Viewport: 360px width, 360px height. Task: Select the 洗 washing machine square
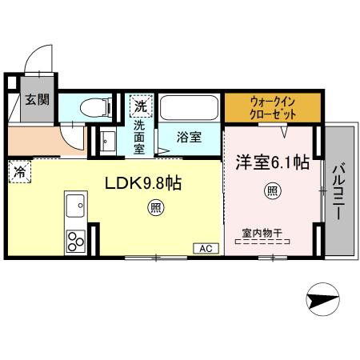140,106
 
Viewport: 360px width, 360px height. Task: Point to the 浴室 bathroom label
189,136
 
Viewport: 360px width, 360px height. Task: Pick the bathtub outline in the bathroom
189,107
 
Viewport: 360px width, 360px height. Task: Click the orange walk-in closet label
273,108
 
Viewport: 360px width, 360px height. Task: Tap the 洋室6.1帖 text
271,162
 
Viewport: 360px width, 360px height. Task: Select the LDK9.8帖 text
144,183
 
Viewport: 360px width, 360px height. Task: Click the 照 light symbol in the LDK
154,210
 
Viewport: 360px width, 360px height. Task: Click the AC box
204,249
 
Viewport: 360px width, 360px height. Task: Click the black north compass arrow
322,301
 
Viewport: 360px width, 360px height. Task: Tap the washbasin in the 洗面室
108,142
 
